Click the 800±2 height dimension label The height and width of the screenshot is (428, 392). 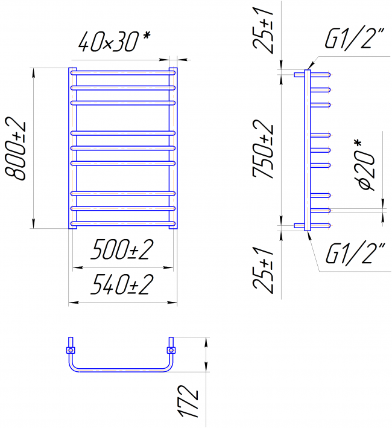pos(16,148)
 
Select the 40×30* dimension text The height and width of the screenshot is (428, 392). pos(114,41)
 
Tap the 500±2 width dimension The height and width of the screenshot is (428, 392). pos(122,249)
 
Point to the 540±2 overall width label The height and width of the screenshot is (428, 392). pos(122,284)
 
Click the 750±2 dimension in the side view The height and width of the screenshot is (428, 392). pos(262,149)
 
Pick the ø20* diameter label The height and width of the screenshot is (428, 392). pos(367,165)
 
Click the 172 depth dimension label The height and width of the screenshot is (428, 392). pos(188,401)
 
